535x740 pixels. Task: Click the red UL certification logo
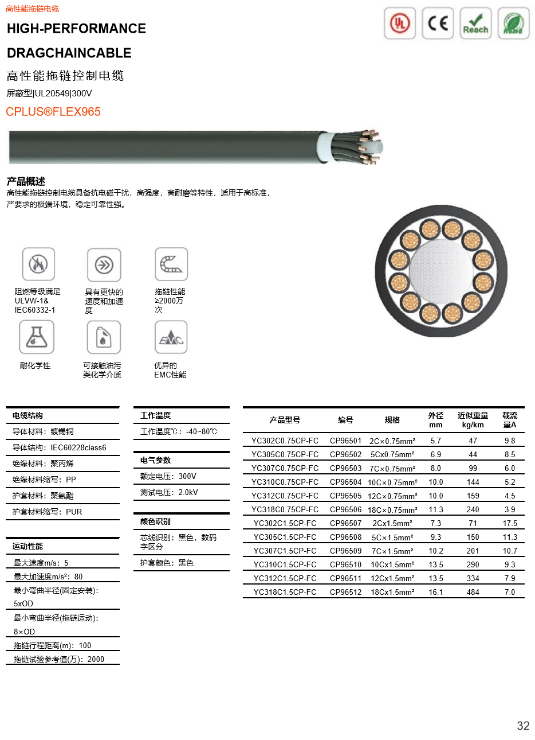[400, 24]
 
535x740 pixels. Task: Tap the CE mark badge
[438, 24]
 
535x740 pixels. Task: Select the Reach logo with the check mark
[475, 24]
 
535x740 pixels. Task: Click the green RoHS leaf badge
[513, 24]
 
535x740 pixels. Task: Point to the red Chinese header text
[32, 9]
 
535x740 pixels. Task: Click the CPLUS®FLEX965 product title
[53, 111]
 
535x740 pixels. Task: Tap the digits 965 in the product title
[91, 111]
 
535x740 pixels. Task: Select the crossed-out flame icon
[38, 263]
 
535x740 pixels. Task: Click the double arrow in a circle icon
[104, 264]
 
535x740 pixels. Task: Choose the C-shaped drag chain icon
[171, 263]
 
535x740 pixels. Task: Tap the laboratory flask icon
[37, 336]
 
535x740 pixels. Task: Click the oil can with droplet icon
[104, 336]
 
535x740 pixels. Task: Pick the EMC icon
[171, 336]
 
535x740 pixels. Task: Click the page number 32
[523, 726]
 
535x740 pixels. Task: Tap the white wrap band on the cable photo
[325, 147]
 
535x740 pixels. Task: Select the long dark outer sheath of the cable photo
[160, 146]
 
